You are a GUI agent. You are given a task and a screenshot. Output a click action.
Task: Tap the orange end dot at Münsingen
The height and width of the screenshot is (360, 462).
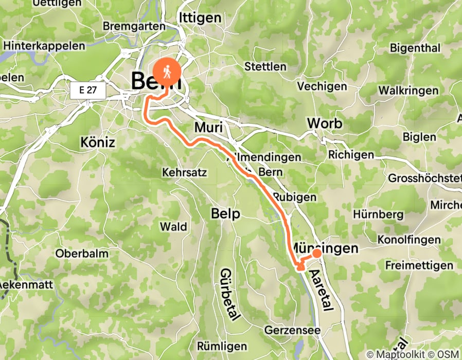316,253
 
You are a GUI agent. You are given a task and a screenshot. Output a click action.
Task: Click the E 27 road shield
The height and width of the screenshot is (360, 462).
88,91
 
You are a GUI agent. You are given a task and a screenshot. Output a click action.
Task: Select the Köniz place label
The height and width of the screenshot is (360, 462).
97,142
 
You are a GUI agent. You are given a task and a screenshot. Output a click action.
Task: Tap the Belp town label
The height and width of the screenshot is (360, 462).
225,213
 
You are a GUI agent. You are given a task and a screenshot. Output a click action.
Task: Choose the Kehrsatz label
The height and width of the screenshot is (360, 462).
184,172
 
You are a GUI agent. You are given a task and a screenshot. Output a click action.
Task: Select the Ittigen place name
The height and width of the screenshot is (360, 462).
200,17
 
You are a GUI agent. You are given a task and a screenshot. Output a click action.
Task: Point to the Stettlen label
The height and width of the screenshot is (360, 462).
265,66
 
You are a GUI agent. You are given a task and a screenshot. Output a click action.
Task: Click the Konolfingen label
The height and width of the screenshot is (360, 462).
409,240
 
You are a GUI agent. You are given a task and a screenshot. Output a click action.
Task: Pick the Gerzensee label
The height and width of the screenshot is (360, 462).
292,330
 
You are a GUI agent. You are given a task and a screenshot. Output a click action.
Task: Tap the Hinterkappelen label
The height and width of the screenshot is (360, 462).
44,46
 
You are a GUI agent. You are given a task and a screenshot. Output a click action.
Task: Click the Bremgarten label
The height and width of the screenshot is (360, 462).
134,26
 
